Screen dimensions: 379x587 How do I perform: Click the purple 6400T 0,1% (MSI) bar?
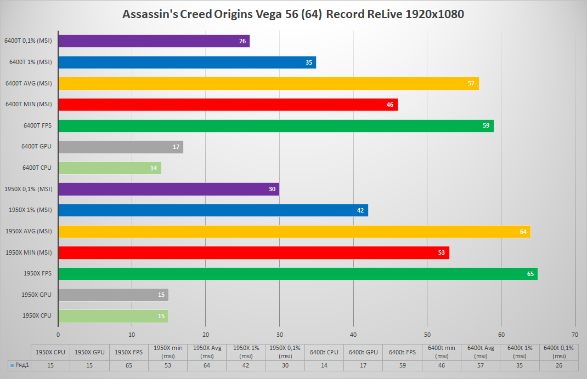pyautogui.click(x=154, y=41)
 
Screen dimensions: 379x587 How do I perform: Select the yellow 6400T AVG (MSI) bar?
pyautogui.click(x=268, y=83)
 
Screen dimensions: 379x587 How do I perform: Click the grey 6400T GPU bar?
pyautogui.click(x=121, y=147)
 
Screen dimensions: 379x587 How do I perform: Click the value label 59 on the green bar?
pyautogui.click(x=485, y=126)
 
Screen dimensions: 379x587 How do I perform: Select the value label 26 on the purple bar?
pyautogui.click(x=242, y=41)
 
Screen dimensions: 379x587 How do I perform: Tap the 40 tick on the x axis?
pyautogui.click(x=353, y=334)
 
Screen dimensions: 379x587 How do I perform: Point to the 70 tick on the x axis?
pyautogui.click(x=574, y=334)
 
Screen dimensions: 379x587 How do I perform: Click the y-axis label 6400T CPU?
pyautogui.click(x=37, y=168)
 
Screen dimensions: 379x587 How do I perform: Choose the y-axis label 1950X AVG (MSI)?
pyautogui.click(x=29, y=231)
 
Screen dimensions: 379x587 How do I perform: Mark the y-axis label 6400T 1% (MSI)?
pyautogui.click(x=31, y=62)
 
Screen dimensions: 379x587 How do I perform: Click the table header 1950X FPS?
pyautogui.click(x=129, y=352)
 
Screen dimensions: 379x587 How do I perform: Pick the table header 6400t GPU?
pyautogui.click(x=363, y=352)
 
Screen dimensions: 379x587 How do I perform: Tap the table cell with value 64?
pyautogui.click(x=207, y=366)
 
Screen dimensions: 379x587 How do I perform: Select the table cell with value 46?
pyautogui.click(x=441, y=366)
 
